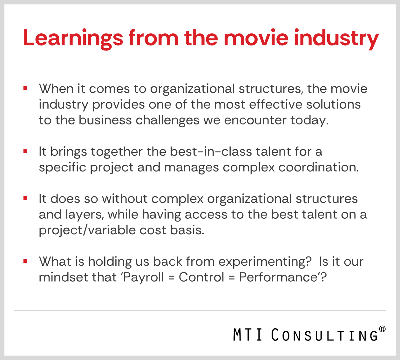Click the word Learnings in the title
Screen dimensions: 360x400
coord(73,38)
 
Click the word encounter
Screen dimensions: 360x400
coord(255,120)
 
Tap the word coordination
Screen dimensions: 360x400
coord(319,167)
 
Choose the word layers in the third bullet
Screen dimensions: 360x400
coord(84,215)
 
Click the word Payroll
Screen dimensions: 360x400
coord(144,277)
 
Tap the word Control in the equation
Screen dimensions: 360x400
coord(201,277)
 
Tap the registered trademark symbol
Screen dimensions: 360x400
coord(382,329)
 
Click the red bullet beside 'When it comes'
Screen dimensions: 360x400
coord(25,89)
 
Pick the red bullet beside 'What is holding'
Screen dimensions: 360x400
coord(25,262)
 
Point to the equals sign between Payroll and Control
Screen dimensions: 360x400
coord(171,278)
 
